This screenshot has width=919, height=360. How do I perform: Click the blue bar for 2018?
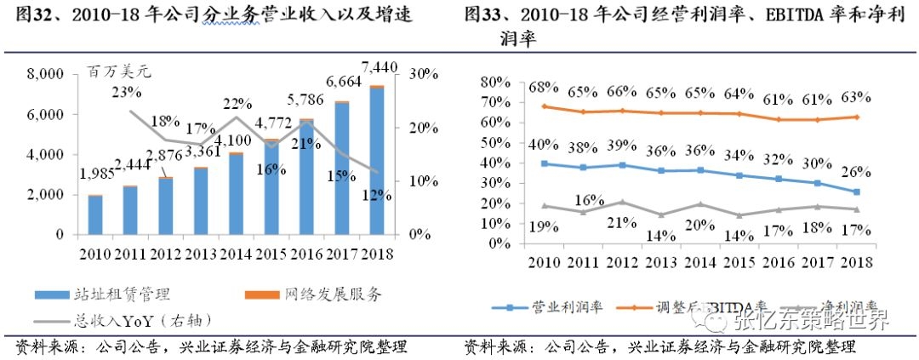click(376, 161)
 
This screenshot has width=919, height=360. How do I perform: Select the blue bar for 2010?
click(95, 214)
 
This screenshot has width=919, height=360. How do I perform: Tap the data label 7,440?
click(378, 66)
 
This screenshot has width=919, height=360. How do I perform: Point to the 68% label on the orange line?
click(543, 88)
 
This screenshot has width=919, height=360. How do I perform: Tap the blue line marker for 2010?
click(544, 163)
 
